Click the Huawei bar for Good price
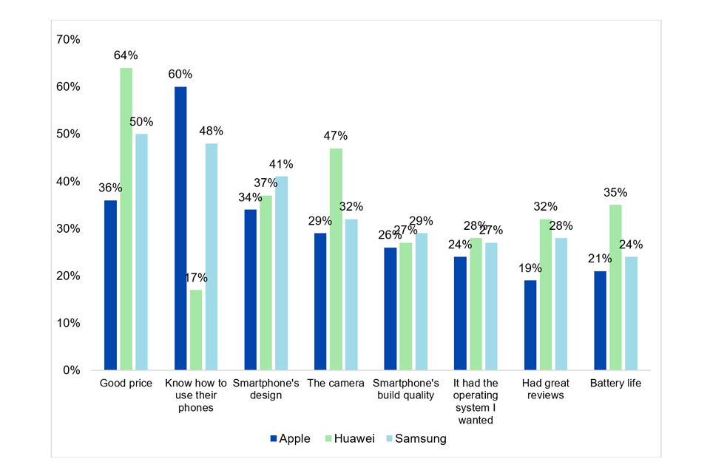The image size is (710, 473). coord(126,219)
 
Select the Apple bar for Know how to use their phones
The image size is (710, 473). coord(180,228)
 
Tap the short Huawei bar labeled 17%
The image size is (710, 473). coord(196,330)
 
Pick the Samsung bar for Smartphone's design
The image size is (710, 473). coord(282,273)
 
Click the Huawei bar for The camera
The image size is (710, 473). coord(336,259)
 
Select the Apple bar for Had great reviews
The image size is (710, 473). coord(530,324)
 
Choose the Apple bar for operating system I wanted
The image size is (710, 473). coord(460,313)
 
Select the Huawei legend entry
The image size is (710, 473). coord(348,438)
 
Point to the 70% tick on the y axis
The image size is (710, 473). coord(69,39)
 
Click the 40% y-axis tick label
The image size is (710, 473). coord(69,181)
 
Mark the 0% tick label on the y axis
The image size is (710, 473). coord(72,370)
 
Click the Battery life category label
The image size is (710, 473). coord(615,383)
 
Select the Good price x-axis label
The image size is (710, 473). coord(126,383)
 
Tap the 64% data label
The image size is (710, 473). coord(126,55)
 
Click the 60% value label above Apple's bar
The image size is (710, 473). coord(180,74)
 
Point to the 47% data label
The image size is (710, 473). coord(336,135)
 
